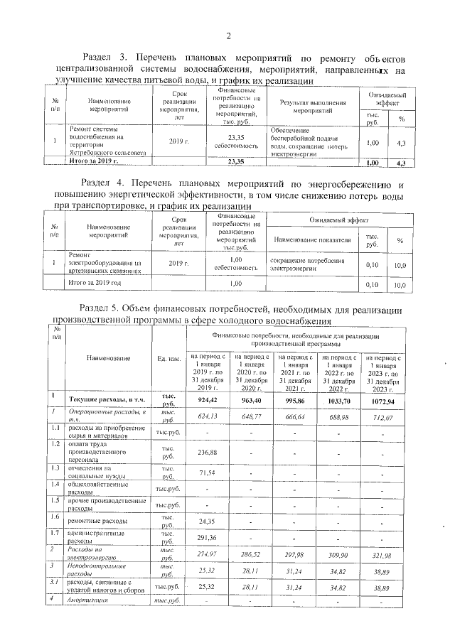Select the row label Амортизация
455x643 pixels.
click(97, 601)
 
